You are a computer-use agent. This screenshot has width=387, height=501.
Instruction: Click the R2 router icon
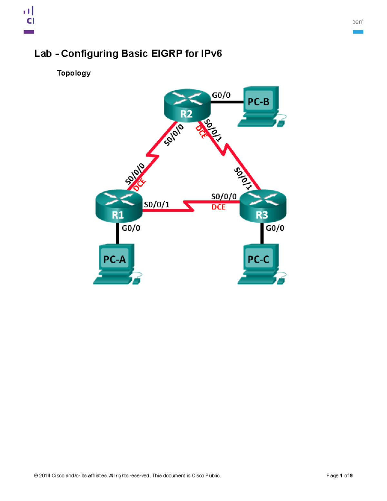point(187,105)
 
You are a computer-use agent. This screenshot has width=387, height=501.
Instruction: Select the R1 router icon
point(119,206)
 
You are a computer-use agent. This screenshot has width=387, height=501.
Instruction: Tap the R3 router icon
point(263,206)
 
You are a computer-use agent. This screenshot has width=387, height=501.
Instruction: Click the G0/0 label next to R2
point(221,95)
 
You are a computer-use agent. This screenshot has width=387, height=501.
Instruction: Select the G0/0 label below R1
point(131,228)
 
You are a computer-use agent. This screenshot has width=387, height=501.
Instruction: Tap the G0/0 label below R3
point(275,228)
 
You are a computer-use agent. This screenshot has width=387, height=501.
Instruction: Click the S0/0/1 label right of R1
point(156,205)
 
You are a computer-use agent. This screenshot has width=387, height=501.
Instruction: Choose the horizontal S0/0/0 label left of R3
point(224,196)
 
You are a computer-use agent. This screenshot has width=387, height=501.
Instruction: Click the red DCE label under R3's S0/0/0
point(218,207)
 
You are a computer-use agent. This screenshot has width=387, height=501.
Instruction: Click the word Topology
point(74,73)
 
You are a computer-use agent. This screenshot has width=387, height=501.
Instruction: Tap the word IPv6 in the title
point(211,54)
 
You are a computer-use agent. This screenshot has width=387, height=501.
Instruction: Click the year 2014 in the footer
point(45,476)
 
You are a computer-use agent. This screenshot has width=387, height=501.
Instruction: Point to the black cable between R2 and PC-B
point(227,102)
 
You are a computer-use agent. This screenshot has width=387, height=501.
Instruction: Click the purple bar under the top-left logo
point(29,32)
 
